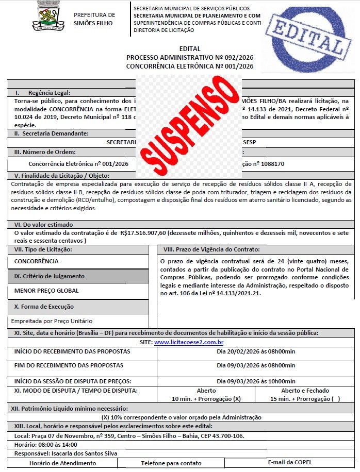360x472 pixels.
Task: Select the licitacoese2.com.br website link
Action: pyautogui.click(x=192, y=342)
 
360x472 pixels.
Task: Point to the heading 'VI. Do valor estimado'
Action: pyautogui.click(x=44, y=225)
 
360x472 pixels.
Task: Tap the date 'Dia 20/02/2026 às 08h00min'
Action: pyautogui.click(x=256, y=351)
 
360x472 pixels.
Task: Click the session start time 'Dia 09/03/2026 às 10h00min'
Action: pyautogui.click(x=256, y=381)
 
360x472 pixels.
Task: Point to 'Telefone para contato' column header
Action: pyautogui.click(x=171, y=463)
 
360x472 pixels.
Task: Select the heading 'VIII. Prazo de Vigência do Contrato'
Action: pyautogui.click(x=210, y=249)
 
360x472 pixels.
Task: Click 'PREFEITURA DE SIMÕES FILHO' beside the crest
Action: pyautogui.click(x=94, y=19)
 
